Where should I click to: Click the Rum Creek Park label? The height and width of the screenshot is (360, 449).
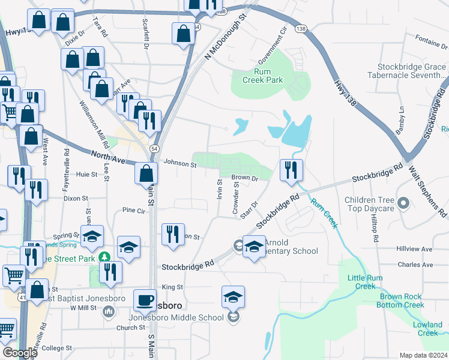tap(262, 75)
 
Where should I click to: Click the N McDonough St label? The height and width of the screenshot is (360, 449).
tap(226, 37)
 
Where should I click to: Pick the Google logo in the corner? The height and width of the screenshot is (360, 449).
tap(20, 353)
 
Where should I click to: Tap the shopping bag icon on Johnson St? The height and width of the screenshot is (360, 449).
tap(146, 173)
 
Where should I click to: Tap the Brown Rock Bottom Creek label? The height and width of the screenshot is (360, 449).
tap(402, 301)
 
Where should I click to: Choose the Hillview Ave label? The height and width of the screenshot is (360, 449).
tap(414, 248)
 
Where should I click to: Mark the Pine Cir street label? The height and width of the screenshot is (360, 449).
tap(133, 211)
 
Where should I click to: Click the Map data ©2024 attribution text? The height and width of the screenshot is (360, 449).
tap(423, 355)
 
